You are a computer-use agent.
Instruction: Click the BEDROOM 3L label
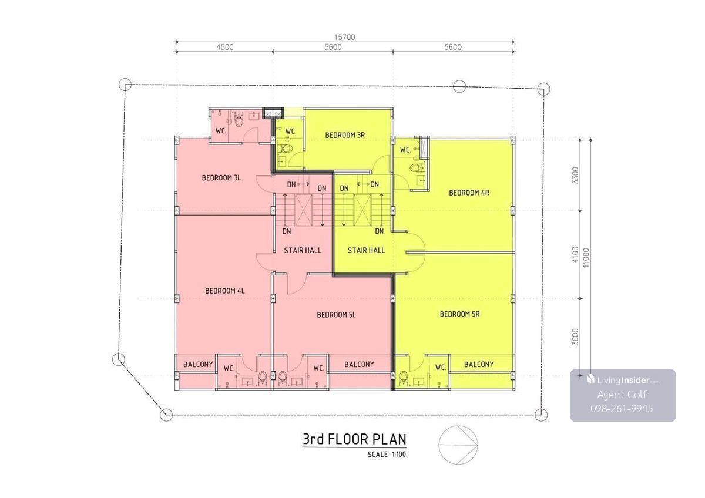221,178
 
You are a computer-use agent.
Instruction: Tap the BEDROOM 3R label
345,135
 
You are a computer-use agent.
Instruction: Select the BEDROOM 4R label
469,193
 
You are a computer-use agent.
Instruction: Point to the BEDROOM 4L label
224,291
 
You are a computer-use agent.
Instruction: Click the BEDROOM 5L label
336,315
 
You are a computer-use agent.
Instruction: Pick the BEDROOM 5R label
460,314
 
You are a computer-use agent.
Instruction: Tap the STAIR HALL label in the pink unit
303,250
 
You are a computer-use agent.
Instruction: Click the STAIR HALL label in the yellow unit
366,250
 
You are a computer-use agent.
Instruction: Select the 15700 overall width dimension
345,37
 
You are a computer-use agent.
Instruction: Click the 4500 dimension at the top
225,47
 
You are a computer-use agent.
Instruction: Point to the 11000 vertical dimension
586,258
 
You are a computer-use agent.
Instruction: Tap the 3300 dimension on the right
575,176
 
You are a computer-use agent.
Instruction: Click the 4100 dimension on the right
575,254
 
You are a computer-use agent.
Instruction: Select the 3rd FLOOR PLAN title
354,439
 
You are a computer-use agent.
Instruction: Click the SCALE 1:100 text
387,455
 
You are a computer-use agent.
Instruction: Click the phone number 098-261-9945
622,409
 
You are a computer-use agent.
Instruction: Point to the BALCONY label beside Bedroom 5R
479,364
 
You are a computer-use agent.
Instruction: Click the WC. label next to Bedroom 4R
406,150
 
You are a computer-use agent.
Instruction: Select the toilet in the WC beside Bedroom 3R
286,149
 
